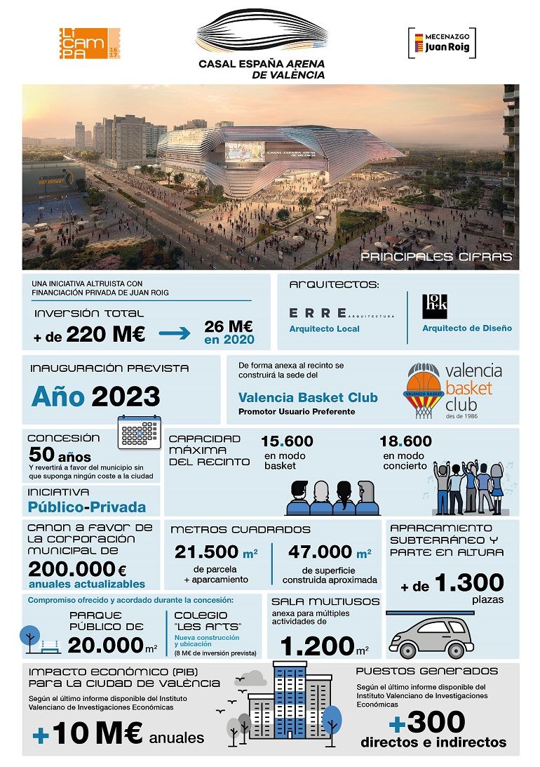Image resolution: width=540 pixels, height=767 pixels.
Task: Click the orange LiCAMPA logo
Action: tap(89, 43)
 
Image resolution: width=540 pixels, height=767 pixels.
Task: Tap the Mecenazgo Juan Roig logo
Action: tap(442, 44)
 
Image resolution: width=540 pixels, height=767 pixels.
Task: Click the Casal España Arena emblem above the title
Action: tap(261, 32)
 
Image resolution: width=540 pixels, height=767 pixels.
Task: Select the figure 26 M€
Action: tap(229, 327)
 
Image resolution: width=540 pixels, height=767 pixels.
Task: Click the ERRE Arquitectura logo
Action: tap(341, 313)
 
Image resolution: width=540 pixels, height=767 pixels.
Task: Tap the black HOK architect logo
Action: tap(435, 303)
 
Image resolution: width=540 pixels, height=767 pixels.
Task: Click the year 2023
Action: tap(126, 396)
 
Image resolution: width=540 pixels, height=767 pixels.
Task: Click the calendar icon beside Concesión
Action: tap(140, 432)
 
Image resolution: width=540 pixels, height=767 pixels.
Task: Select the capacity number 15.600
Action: tap(287, 441)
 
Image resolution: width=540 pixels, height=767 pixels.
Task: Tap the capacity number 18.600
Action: tap(405, 441)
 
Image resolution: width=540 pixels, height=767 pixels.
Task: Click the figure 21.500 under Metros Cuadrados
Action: tap(207, 552)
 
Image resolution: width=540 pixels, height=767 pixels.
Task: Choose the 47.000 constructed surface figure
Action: tap(320, 552)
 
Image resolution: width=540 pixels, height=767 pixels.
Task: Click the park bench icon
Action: tap(51, 644)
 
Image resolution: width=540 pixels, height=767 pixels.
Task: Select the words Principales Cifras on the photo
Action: tap(436, 257)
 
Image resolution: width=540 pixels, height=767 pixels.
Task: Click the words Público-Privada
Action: tap(87, 507)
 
